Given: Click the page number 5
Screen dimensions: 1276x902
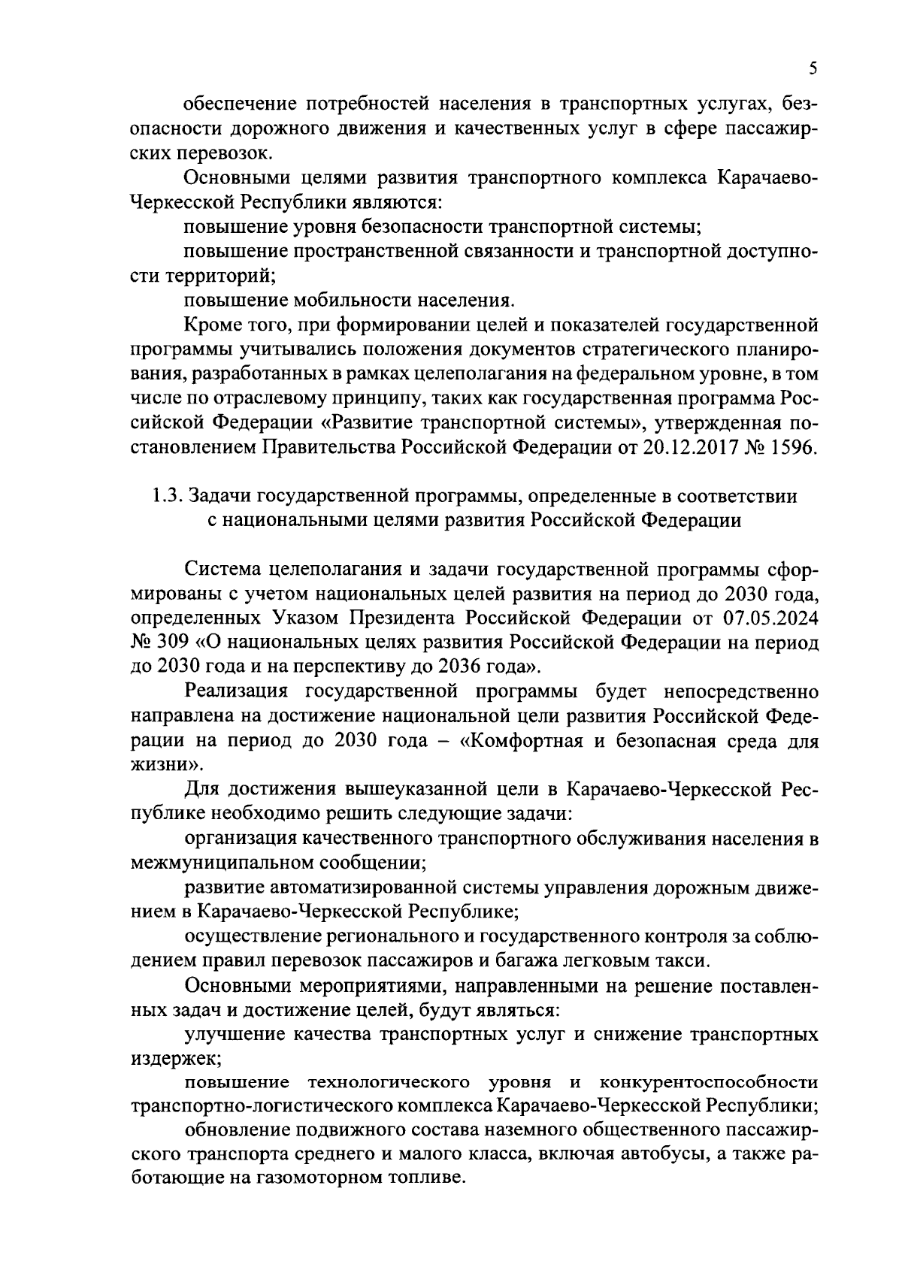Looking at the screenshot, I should click(813, 70).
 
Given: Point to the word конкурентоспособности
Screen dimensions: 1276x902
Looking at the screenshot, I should click(708, 1082).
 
